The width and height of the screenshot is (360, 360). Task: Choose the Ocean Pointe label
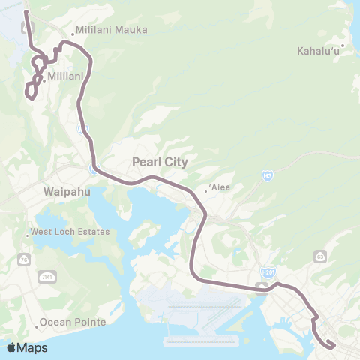[73, 322]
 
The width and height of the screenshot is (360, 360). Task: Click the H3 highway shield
[267, 175]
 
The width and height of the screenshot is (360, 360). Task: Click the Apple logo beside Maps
[11, 347]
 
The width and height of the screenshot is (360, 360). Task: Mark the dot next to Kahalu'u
[342, 46]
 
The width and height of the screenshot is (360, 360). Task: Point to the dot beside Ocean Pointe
[36, 327]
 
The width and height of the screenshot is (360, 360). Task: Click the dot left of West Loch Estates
[28, 236]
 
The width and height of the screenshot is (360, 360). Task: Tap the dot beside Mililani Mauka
[72, 34]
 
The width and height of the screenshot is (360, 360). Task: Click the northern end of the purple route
[26, 13]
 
